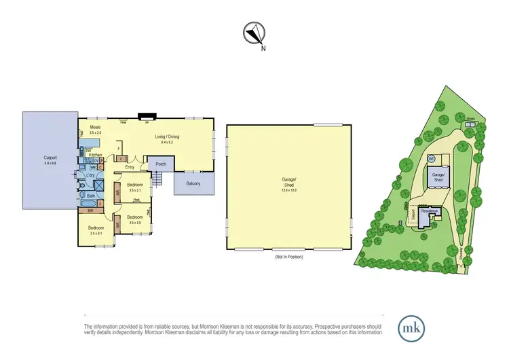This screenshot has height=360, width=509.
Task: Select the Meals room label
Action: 95,129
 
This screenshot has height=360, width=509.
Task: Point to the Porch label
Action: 161,164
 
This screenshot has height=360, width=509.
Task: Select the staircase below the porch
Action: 157,180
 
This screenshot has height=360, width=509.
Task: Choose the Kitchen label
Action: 96,155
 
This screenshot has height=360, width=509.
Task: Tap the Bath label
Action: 90,196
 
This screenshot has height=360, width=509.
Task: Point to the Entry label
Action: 130,167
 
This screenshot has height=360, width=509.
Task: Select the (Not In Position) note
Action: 288,257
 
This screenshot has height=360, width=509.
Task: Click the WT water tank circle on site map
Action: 431,158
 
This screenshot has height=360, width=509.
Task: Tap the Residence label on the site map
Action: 429,211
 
